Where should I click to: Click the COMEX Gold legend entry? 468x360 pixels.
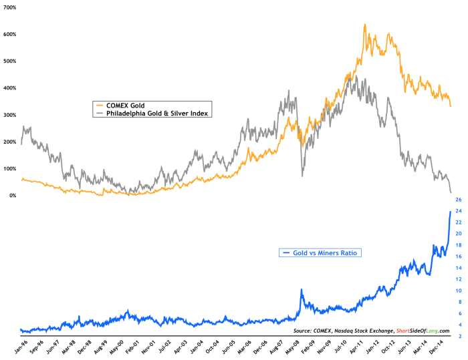(x=126, y=105)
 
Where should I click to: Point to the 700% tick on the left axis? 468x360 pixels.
(x=11, y=7)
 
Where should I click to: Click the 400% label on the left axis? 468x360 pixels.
(x=11, y=88)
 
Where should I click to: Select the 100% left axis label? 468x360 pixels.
(x=11, y=169)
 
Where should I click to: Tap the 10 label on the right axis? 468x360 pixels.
(x=458, y=291)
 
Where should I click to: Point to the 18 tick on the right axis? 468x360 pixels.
(x=458, y=245)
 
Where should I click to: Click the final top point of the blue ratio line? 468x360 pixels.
(x=449, y=211)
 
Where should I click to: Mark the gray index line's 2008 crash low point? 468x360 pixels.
(x=302, y=176)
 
